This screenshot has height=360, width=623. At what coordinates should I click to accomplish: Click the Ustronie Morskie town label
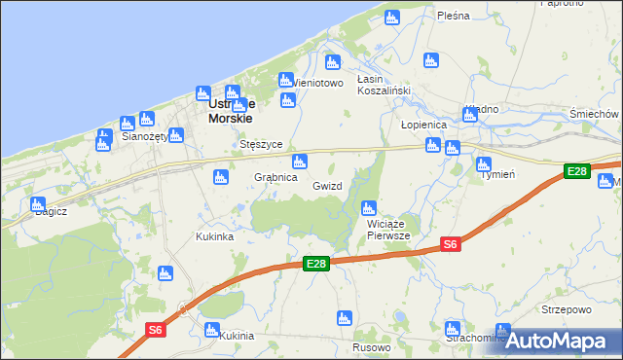(231, 110)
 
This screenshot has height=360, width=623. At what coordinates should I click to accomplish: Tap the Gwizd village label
(328, 185)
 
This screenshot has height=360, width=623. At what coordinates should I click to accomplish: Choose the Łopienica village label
(423, 126)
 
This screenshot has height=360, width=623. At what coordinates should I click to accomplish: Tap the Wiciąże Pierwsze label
(388, 230)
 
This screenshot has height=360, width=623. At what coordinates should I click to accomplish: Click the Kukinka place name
(214, 236)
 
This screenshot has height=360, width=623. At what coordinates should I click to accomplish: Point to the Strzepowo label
(567, 310)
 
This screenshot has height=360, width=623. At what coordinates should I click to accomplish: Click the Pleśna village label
(454, 16)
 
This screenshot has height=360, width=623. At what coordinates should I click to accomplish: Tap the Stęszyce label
(261, 144)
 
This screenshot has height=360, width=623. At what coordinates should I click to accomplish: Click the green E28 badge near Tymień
(577, 172)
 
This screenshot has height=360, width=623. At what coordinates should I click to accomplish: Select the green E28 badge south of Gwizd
(315, 264)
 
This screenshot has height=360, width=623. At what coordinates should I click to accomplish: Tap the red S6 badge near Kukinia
(156, 330)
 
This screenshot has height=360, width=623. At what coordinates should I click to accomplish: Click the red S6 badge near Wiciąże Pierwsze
(450, 245)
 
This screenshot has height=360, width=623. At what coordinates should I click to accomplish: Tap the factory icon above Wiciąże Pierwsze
(369, 207)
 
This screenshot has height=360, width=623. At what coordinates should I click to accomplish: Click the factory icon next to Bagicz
(38, 205)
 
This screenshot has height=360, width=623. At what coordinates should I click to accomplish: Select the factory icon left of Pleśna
(392, 18)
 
